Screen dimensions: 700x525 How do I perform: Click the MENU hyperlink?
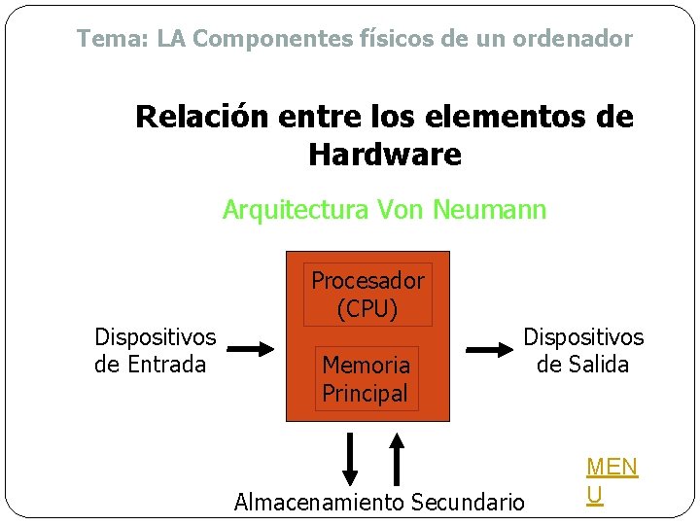pyautogui.click(x=612, y=480)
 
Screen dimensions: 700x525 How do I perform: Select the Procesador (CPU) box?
pyautogui.click(x=367, y=295)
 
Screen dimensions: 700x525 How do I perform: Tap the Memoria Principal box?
pyautogui.click(x=366, y=379)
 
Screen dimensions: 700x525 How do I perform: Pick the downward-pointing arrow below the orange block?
pyautogui.click(x=351, y=458)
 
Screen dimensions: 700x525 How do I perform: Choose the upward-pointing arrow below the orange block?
pyautogui.click(x=397, y=458)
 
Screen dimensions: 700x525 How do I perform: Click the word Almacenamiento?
pyautogui.click(x=319, y=503)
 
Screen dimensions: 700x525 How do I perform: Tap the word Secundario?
pyautogui.click(x=468, y=503)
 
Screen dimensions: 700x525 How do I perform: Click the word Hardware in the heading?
pyautogui.click(x=384, y=154)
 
